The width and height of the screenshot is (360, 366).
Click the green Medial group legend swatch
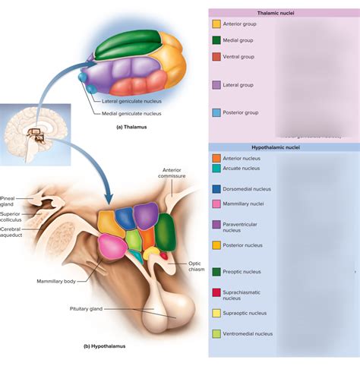pos(216,40)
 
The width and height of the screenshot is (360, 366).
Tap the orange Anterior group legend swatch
pos(216,24)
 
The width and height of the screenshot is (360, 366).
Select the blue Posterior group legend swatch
pos(216,112)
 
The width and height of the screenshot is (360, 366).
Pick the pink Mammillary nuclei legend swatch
pos(216,204)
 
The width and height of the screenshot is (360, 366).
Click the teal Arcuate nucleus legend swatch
pos(216,169)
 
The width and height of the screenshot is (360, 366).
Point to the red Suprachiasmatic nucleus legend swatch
pos(216,292)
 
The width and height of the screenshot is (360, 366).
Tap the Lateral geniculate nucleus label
pos(131,100)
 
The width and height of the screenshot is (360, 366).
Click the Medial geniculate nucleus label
pos(131,114)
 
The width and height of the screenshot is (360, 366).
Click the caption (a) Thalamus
pos(131,127)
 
